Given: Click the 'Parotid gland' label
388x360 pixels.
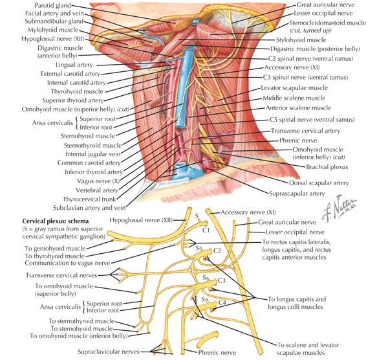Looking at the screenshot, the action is pos(52,5).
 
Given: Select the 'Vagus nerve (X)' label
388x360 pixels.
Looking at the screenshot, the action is pos(98,181).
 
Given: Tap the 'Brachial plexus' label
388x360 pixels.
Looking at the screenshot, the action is pos(327,167).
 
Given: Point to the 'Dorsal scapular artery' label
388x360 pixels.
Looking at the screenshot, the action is pos(319,183).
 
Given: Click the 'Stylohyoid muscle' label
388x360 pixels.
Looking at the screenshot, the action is pos(301,40).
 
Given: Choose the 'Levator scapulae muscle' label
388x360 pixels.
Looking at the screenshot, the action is pos(294,88).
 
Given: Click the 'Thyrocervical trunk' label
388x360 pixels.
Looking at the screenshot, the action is pos(89,199).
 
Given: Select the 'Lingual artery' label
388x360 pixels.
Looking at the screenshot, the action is pos(74,65).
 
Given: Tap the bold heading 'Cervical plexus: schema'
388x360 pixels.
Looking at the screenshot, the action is pos(56,221).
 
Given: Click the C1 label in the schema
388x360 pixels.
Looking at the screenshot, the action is pos(206,230).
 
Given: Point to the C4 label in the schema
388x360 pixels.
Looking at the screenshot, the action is pos(222,302).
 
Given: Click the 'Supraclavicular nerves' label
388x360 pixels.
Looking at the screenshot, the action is pos(109,352).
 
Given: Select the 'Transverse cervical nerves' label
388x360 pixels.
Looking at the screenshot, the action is pos(61,275).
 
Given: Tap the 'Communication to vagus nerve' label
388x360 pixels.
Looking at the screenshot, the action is pos(67,263).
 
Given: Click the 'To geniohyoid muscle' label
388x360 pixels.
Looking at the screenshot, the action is pos(55,249).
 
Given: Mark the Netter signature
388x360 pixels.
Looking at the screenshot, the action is pos(339,208).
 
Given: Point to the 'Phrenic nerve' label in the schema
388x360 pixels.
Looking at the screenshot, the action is pos(217,353).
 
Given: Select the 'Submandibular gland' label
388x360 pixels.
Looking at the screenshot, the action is pos(54,21).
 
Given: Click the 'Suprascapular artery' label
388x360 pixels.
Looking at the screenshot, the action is pos(297,194).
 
